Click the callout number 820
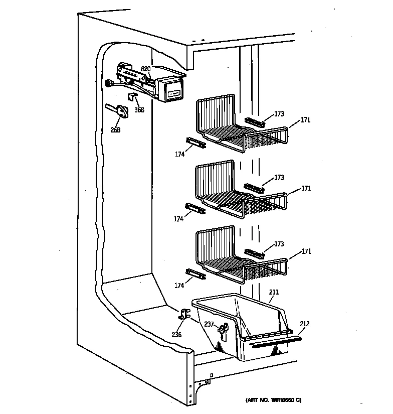point(145,69)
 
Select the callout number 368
point(139,110)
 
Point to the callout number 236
point(176,335)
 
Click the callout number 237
point(210,324)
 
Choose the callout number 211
point(274,292)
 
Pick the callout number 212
point(305,324)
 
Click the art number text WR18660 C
point(273,400)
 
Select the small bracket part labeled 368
point(132,96)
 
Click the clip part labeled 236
point(183,315)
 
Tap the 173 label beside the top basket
point(279,114)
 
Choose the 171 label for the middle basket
point(306,188)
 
